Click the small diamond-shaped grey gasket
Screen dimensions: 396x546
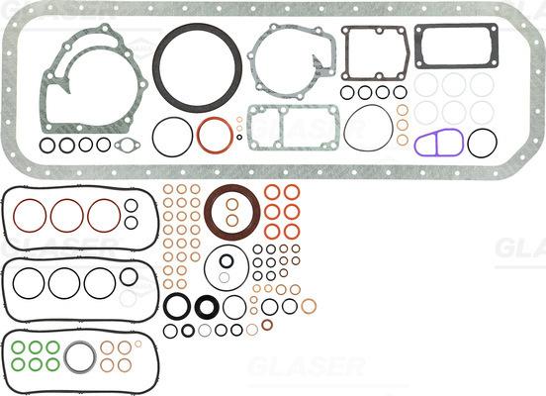[128, 146]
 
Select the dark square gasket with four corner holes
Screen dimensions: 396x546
[375, 52]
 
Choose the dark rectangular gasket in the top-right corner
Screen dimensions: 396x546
[455, 47]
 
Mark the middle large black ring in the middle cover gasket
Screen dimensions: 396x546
[67, 283]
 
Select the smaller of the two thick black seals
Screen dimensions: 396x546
[208, 307]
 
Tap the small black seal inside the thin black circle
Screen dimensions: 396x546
[227, 262]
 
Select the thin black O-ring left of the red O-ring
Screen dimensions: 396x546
[172, 136]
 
